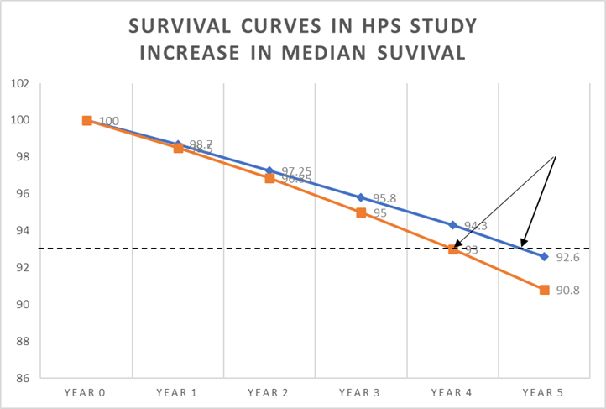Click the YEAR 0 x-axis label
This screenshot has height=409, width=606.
coord(86,391)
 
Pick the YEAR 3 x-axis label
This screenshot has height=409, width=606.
coord(361,391)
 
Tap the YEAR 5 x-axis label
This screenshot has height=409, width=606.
coord(544,391)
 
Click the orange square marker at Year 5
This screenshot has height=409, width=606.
coord(544,290)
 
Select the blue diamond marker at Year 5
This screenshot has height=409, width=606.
coord(544,256)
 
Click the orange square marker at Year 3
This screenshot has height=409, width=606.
coord(361,212)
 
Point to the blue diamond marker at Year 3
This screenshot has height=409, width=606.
coord(361,197)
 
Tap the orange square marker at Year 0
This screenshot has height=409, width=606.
coord(86,120)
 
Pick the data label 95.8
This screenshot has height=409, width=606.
coord(384,198)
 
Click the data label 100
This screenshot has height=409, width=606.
coord(109,121)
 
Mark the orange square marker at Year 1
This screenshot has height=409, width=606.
coord(178,148)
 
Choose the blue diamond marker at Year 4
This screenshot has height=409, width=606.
coord(452,225)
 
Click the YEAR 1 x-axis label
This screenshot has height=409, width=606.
coord(178,391)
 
